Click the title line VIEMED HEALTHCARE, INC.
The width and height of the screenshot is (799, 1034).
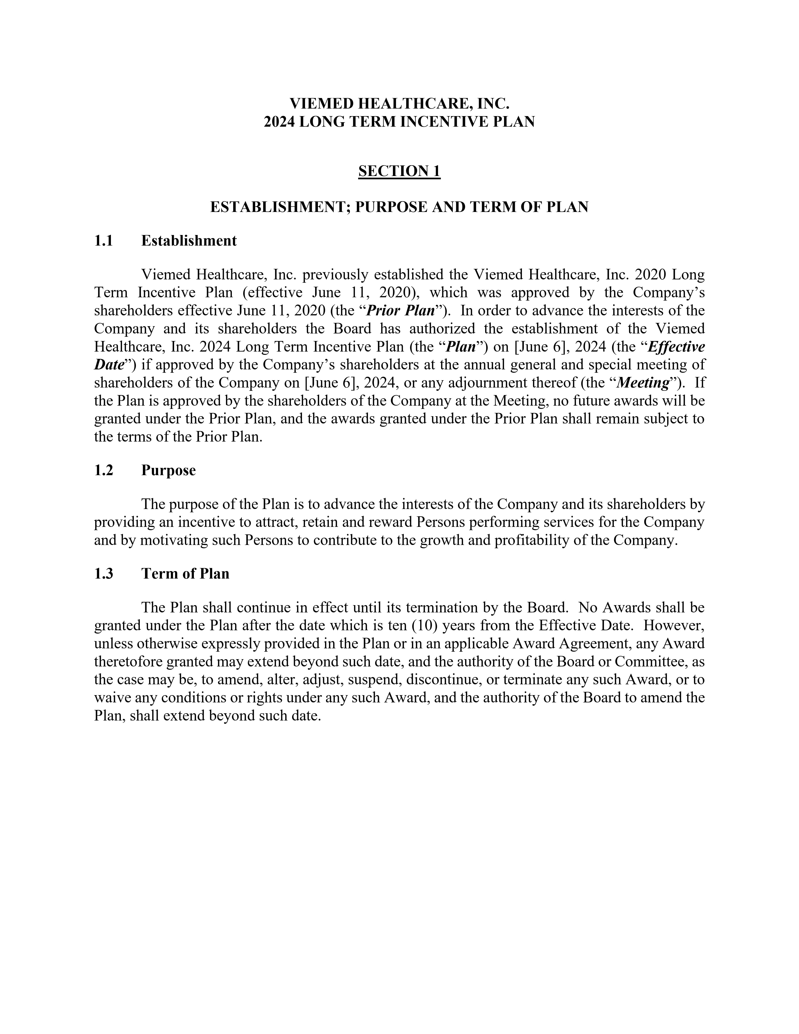point(399,103)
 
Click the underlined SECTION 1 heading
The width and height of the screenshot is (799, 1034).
point(399,171)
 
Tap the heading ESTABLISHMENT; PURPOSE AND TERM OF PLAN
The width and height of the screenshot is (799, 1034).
point(399,207)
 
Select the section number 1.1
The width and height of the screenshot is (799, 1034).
point(104,241)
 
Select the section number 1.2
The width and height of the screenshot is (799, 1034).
point(104,471)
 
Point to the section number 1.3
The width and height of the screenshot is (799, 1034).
point(104,574)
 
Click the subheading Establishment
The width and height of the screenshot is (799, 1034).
point(189,241)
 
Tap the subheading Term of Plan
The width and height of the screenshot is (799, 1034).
point(185,574)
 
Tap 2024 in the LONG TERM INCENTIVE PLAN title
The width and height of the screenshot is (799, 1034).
point(279,122)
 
